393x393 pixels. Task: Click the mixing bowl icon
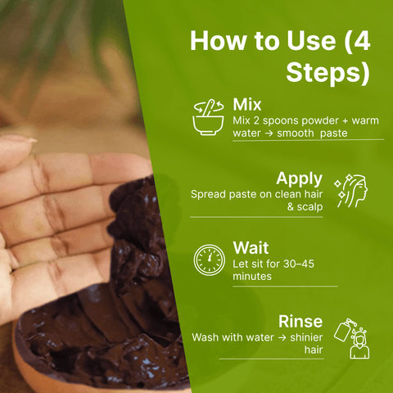208,118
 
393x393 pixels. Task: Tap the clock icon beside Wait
210,260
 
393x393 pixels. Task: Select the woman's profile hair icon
351,191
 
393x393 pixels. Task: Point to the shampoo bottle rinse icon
352,338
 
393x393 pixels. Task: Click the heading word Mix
247,105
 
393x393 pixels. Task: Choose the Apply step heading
300,179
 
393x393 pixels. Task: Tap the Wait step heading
251,247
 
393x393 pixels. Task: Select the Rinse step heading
300,321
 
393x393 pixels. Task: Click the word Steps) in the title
328,72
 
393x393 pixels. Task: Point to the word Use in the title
311,41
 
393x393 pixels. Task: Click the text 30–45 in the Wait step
299,264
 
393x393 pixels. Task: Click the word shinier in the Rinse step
306,337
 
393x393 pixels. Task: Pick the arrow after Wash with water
282,338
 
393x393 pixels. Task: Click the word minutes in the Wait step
252,276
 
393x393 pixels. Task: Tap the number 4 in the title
361,41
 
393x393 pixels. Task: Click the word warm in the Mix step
365,120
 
